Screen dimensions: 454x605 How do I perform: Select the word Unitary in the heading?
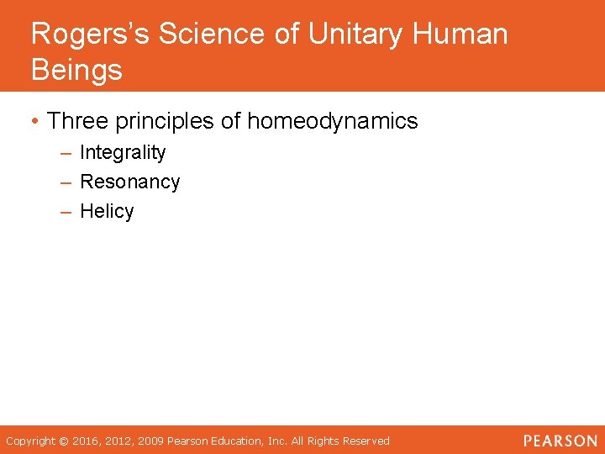[x=354, y=34]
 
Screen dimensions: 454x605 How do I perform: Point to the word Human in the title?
[x=461, y=34]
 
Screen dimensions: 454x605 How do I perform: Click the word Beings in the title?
[x=76, y=70]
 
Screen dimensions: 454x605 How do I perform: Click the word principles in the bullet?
[x=167, y=121]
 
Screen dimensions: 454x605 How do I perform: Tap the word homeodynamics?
[x=332, y=121]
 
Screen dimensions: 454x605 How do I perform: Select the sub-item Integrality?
[x=123, y=152]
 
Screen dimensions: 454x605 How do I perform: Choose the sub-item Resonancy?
[x=129, y=182]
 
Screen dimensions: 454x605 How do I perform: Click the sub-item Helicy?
[x=107, y=211]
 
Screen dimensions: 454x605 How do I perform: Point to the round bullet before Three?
[x=35, y=122]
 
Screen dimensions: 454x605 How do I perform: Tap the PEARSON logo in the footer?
[x=560, y=441]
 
